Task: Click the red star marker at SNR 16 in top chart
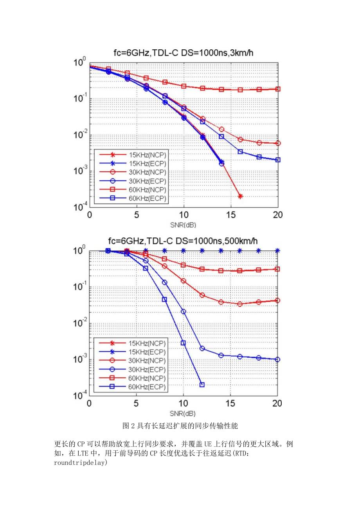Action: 240,196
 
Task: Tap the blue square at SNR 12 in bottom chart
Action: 202,385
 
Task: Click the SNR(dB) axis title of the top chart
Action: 183,225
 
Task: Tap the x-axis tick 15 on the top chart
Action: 231,215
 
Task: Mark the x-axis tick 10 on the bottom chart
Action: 184,403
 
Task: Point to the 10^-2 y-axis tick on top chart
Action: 80,135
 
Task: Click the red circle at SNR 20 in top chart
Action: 278,143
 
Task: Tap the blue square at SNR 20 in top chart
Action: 278,160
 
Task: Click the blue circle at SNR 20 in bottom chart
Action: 278,359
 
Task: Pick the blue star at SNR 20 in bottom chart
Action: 278,251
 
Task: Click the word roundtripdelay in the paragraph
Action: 80,462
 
